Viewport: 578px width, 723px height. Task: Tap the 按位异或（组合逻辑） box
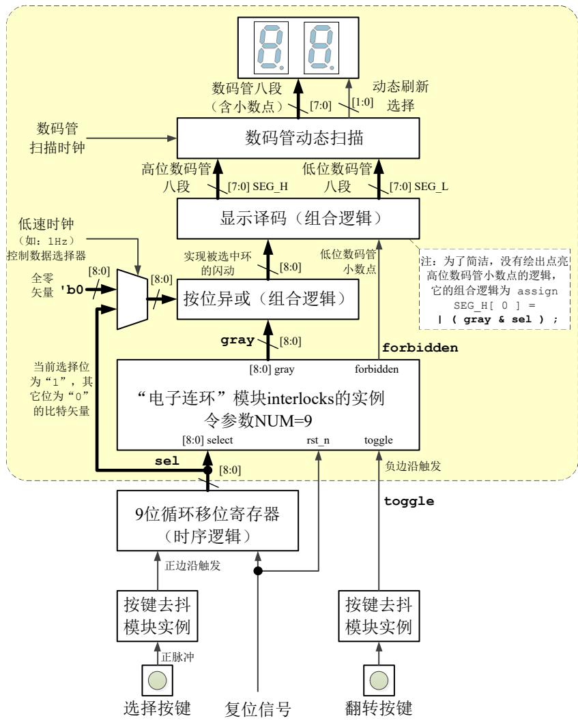point(268,298)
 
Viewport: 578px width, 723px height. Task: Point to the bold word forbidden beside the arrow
point(428,348)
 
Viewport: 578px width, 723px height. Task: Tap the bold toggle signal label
point(409,501)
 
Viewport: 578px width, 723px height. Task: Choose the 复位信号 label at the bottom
point(258,710)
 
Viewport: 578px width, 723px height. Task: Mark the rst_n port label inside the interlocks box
point(318,440)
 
